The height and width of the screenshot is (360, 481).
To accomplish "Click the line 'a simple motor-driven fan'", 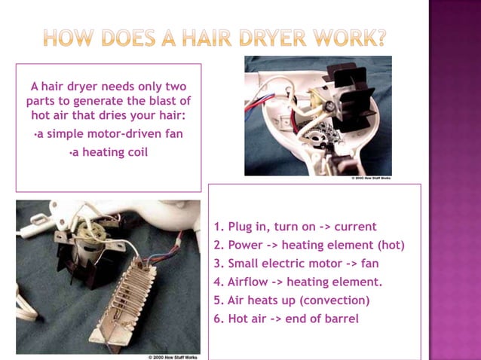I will click(x=109, y=134).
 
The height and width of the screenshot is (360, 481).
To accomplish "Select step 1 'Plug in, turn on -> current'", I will click(x=295, y=227).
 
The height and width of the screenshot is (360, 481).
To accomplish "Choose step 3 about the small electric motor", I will click(x=296, y=264).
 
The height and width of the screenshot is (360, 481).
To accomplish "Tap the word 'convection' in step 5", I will click(x=335, y=301).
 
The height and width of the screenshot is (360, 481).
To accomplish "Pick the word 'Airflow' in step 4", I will click(x=247, y=282).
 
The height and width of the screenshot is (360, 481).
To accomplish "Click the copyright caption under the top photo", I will click(x=372, y=179).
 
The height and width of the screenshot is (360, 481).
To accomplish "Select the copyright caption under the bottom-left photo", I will click(x=173, y=357).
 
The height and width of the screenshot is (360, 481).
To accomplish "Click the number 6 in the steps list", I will click(x=217, y=319).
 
